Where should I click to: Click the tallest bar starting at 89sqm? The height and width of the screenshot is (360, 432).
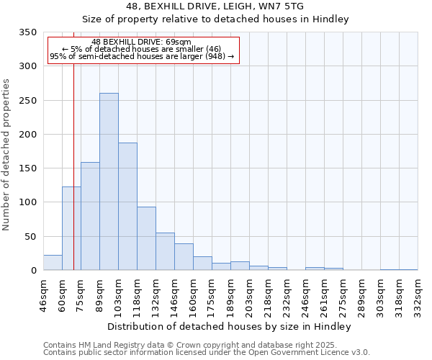109,181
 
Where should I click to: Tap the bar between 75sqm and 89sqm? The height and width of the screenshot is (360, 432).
90,216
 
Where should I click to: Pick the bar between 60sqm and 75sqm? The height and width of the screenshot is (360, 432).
71,228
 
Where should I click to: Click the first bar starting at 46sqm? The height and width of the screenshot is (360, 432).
53,263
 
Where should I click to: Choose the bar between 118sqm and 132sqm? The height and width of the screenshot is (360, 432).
146,238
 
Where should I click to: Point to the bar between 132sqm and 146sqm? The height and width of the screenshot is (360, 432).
165,251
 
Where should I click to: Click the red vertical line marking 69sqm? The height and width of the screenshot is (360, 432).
73,144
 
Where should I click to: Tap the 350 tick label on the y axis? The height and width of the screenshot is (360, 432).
27,32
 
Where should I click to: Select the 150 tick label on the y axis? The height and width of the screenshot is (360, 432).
27,168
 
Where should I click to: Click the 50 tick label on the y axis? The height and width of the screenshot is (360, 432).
30,236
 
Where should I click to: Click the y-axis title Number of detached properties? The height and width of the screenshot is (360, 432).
7,155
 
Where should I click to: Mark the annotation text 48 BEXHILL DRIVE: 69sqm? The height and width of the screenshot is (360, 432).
142,42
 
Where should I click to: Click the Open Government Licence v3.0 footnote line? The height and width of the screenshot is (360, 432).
207,352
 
